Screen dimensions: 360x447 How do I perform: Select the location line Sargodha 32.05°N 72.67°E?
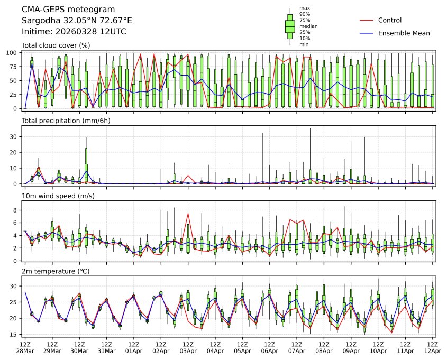coord(77,21)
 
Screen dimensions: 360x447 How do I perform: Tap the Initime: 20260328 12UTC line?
coord(74,32)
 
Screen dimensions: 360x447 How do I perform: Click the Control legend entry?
coord(390,20)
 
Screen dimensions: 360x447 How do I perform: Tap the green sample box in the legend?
coord(290,26)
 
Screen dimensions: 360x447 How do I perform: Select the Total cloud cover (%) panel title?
coord(56,45)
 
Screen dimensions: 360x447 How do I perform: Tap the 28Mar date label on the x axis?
coord(24,351)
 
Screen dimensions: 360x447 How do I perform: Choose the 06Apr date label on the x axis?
coord(269,351)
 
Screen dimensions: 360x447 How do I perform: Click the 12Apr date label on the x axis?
coord(433,351)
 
